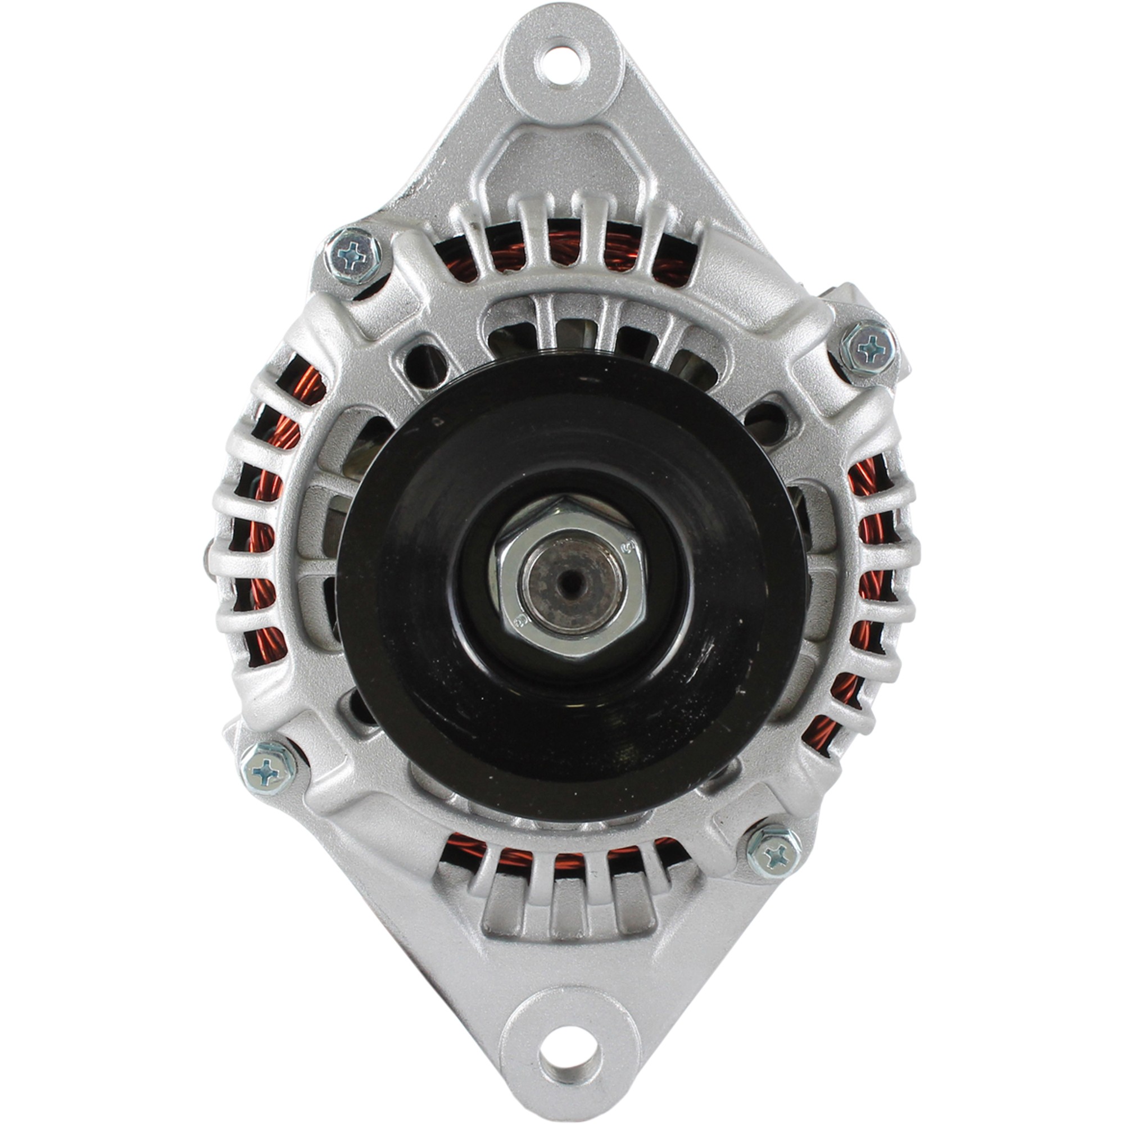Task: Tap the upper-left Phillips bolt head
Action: (353, 255)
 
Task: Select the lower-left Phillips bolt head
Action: (268, 767)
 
